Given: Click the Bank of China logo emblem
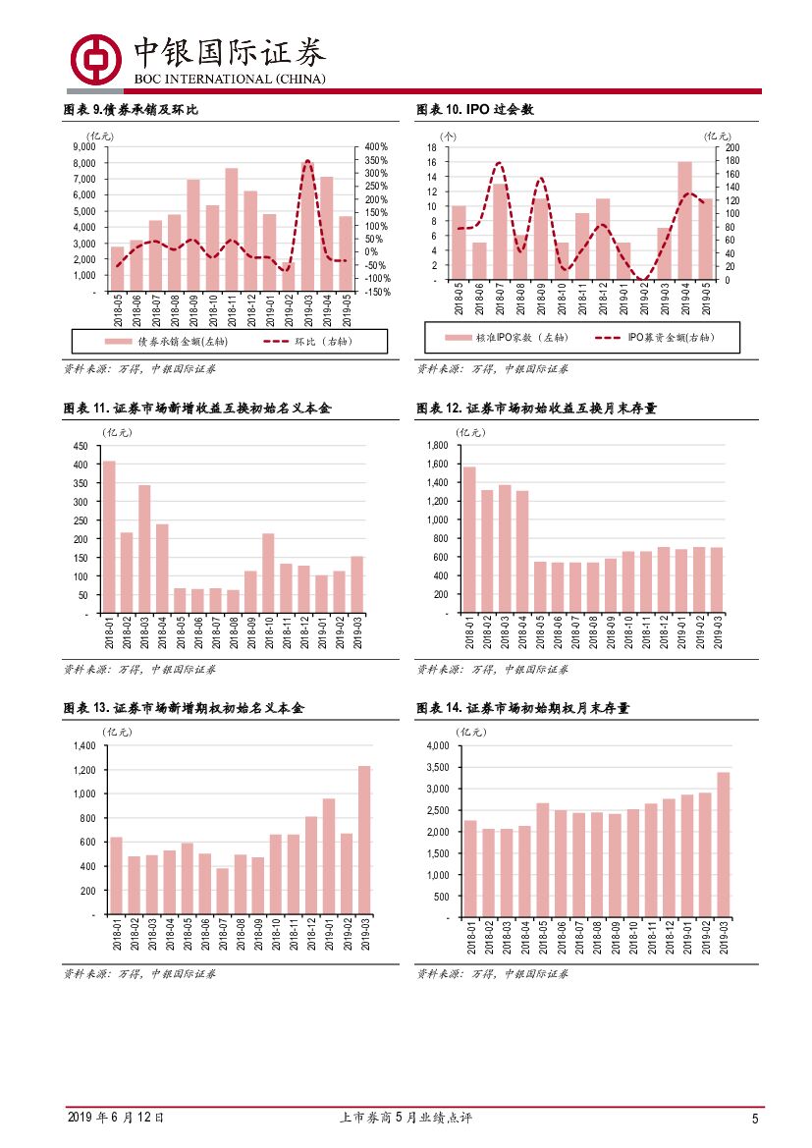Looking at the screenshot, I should tap(94, 59).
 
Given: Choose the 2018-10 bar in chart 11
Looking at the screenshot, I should tap(268, 574).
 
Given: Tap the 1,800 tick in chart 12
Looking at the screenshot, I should tap(436, 446).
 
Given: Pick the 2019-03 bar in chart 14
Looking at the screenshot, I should tap(724, 845).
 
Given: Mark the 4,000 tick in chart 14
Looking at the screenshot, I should tap(436, 746).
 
